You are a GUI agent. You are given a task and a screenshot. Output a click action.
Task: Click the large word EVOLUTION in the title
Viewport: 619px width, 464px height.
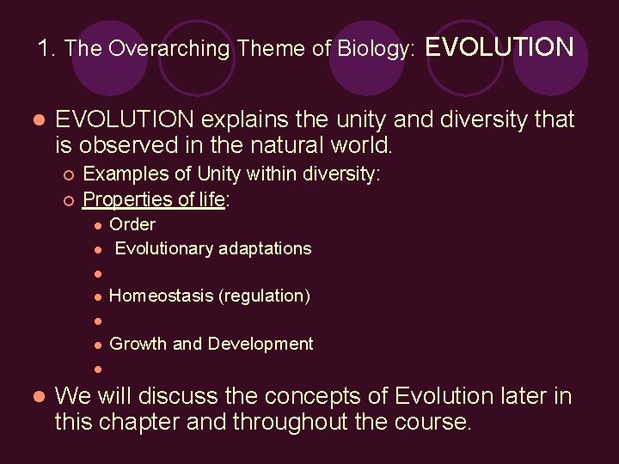coord(499,46)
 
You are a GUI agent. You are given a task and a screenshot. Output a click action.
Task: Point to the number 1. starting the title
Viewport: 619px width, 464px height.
coord(47,49)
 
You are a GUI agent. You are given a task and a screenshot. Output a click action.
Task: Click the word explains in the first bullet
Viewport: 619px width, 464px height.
coord(259,119)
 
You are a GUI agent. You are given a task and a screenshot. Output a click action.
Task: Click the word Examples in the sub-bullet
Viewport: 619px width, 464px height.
coord(120,174)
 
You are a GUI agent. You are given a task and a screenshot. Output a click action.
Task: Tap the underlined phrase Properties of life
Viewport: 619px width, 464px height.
coord(154,199)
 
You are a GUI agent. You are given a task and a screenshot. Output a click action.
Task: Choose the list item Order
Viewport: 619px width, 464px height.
coord(132,224)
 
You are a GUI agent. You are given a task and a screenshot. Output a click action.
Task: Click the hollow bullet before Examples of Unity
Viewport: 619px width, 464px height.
coord(68,175)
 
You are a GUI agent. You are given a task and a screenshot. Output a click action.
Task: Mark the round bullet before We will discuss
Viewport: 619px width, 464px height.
coord(37,397)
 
